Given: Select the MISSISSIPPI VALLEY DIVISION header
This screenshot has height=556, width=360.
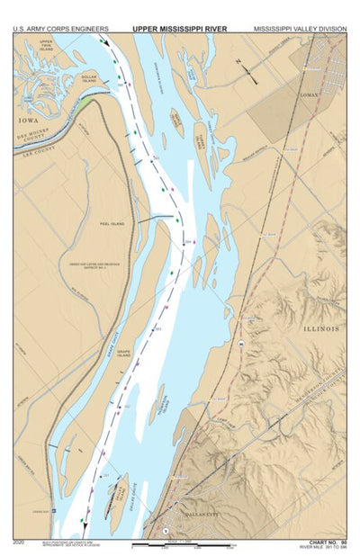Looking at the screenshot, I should pos(299,29).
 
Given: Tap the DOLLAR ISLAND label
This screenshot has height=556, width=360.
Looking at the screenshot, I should pos(88,77).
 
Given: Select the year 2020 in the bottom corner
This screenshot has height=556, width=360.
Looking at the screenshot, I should pos(19,542).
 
